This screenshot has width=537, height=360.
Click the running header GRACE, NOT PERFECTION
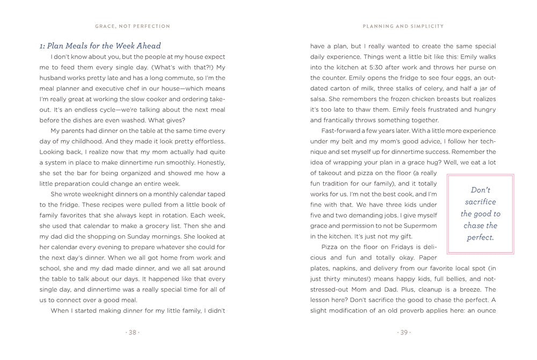[x=132, y=26]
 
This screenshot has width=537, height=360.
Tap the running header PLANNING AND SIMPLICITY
[x=403, y=26]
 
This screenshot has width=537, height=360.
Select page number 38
[x=132, y=332]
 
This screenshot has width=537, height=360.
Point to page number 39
[x=403, y=332]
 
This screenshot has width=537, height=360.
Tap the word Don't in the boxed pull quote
[x=480, y=190]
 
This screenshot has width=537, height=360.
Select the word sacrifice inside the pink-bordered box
[x=480, y=202]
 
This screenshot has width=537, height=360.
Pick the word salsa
[x=320, y=98]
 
